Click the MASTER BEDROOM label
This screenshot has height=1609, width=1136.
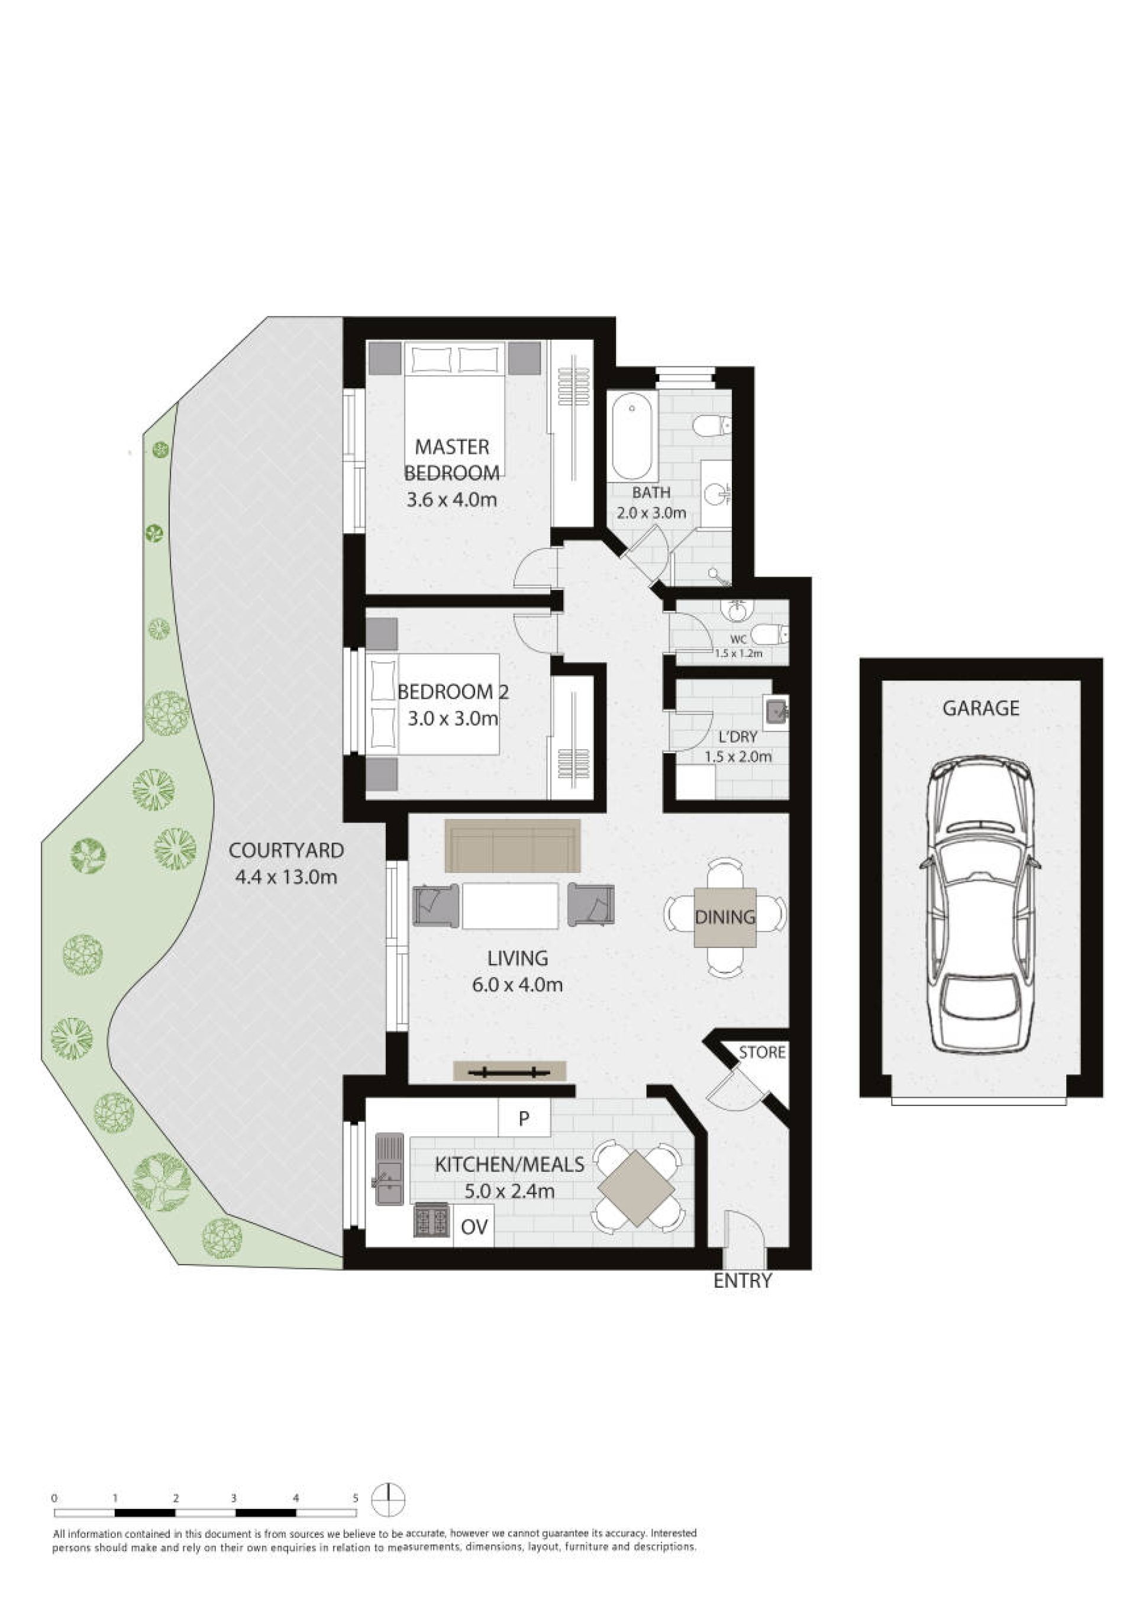[452, 460]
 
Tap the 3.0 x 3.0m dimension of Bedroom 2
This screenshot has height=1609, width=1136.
[453, 719]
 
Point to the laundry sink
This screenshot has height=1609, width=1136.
[776, 712]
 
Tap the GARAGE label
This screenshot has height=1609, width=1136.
[980, 708]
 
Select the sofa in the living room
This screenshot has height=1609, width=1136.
[512, 846]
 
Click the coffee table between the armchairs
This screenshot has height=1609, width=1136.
[510, 905]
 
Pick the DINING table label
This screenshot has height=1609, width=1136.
[725, 917]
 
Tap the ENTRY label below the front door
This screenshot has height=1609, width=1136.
[742, 1282]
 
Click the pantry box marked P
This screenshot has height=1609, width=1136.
[524, 1118]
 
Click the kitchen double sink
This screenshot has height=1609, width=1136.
[390, 1169]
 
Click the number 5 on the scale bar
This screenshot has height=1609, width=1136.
[356, 1498]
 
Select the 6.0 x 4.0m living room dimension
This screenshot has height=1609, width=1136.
[517, 985]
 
